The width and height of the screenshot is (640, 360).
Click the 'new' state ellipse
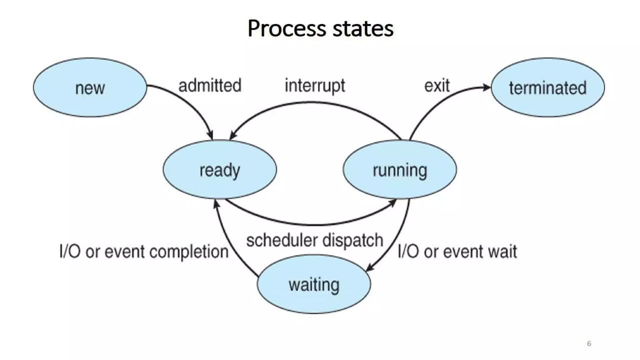pos(90,87)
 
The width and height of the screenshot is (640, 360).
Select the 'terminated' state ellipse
pos(547,87)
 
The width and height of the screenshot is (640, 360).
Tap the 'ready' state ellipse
pos(220,170)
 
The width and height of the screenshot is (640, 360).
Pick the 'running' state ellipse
pos(400,170)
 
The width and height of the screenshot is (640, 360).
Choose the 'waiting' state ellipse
pos(314,284)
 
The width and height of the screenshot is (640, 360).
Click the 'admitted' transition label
pos(210,85)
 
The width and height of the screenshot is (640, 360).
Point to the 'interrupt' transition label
pos(315,86)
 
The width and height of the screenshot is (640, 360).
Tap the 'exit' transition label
pos(437,85)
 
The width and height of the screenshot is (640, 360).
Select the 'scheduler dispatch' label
pos(314,240)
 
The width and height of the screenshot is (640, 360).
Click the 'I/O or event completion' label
pos(144,252)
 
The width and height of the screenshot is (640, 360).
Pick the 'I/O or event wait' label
pos(457,252)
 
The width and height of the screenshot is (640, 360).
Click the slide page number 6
pos(589,343)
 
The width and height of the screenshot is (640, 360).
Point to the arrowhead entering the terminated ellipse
pos(487,87)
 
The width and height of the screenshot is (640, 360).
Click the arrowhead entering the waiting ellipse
pos(369,268)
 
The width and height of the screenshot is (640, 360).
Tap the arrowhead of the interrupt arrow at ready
pos(232,136)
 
